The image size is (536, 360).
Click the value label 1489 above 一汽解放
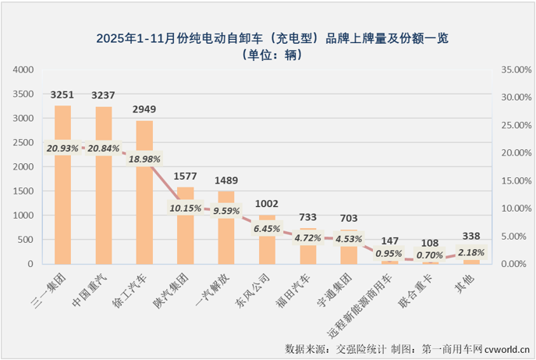point(226,180)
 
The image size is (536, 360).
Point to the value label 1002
point(268,204)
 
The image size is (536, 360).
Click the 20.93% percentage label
point(62,148)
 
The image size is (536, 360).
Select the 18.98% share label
point(144,159)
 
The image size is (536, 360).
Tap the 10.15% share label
point(186,208)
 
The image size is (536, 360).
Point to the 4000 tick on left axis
point(23,70)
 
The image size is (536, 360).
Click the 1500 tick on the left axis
point(23,191)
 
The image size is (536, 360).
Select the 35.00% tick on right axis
point(513,70)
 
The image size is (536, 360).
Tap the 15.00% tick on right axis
point(513,180)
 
